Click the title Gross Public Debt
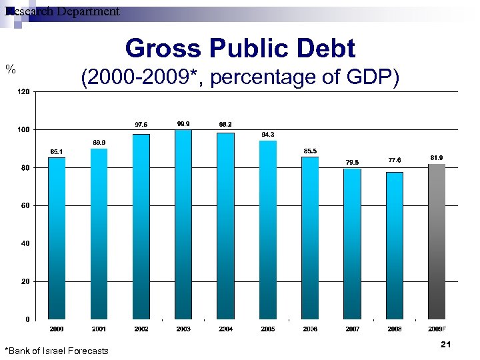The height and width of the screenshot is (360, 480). tap(240, 49)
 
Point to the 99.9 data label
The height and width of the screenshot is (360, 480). tap(183, 124)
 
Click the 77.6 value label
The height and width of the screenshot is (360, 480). tap(394, 160)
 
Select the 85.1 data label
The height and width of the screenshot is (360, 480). tap(57, 151)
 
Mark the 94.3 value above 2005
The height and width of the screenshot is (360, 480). tap(267, 135)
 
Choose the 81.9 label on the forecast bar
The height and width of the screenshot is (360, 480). tap(436, 157)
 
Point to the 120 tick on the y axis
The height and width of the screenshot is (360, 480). tap(23, 91)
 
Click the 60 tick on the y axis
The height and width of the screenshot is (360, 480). tap(25, 206)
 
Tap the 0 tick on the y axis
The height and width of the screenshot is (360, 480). tap(27, 319)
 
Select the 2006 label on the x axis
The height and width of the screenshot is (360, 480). tap(310, 329)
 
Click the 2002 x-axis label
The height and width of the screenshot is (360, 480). tap(141, 329)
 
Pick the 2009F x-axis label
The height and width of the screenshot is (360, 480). tap(437, 329)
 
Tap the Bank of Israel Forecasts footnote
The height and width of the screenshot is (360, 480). tap(57, 351)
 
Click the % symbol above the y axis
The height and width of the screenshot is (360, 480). tap(10, 68)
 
